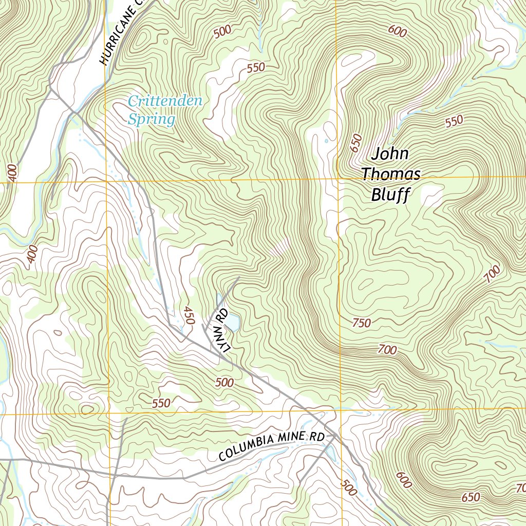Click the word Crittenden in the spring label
[165, 101]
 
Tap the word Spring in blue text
[151, 120]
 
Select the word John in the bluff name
[390, 154]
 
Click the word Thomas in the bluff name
[390, 174]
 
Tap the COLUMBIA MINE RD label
[272, 446]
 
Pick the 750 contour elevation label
[362, 323]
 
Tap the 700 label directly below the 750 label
[387, 350]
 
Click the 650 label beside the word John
[356, 143]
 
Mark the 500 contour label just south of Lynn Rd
[224, 382]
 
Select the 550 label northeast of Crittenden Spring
[255, 67]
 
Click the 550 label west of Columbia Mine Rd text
[161, 403]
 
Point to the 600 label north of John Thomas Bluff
[398, 31]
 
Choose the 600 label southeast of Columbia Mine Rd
[404, 480]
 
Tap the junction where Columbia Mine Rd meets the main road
[335, 436]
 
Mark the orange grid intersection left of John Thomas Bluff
[337, 179]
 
